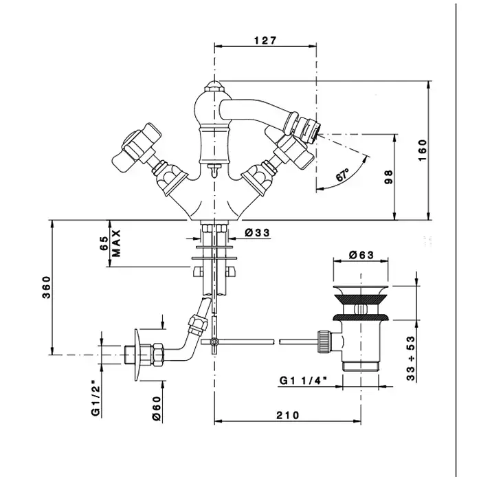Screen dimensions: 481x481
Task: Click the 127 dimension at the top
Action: [265, 40]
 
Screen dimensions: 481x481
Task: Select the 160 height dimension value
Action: [423, 150]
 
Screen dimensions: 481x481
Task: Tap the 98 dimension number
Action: [388, 177]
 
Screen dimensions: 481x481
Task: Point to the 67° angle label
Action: [343, 175]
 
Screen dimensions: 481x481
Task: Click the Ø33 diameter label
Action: [257, 233]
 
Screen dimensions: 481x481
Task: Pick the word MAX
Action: [116, 243]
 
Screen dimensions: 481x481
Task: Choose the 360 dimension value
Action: [46, 287]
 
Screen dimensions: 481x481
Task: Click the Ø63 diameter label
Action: [361, 254]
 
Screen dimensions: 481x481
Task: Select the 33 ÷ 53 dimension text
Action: [411, 358]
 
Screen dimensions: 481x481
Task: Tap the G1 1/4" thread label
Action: [302, 381]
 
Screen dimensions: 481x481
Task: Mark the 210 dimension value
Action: [287, 415]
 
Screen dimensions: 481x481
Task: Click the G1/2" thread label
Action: [96, 398]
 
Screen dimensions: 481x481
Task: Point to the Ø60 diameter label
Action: [157, 409]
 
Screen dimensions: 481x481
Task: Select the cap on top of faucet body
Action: [214, 86]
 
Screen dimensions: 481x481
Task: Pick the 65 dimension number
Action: [104, 243]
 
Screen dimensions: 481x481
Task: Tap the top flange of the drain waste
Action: [361, 290]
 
